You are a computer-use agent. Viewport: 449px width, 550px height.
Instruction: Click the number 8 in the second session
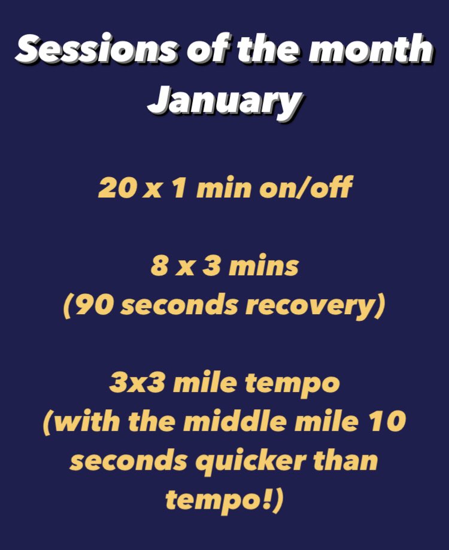point(158,266)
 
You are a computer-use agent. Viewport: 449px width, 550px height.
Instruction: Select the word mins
point(265,266)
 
